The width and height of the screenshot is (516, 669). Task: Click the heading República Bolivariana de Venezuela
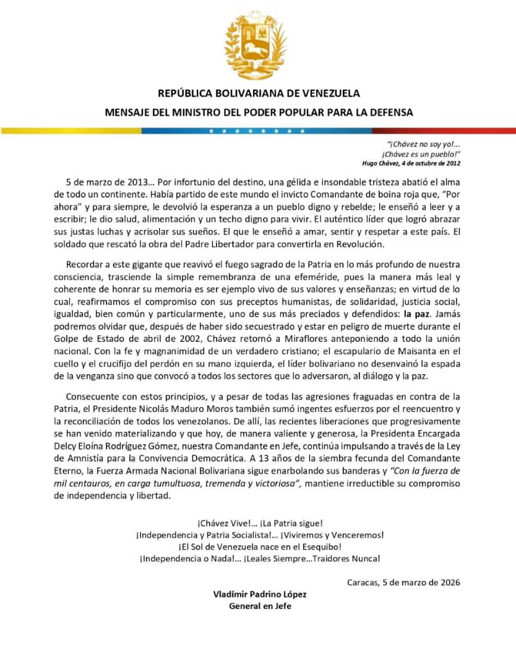click(259, 94)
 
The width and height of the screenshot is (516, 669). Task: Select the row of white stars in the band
click(257, 131)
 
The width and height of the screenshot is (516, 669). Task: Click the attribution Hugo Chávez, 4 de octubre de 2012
click(411, 163)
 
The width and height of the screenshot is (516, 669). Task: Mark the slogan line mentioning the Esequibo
click(260, 546)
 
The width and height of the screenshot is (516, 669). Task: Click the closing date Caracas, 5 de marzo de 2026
click(403, 582)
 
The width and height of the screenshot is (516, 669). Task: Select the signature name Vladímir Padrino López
click(260, 594)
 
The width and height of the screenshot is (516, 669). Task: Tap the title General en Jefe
click(260, 606)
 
